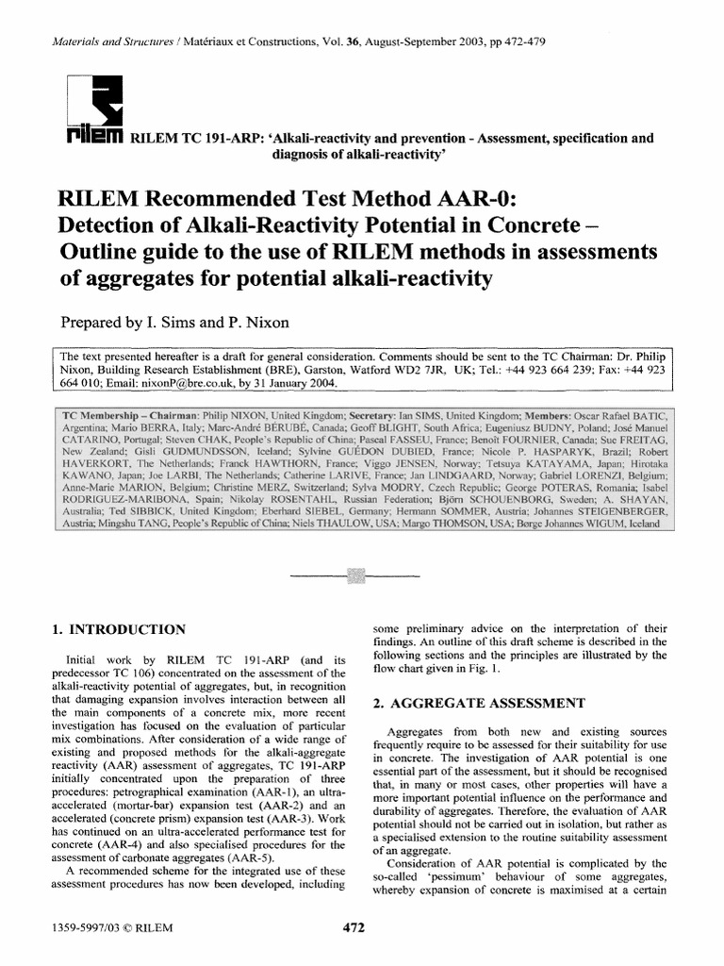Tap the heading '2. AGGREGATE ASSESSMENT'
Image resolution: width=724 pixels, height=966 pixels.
click(480, 703)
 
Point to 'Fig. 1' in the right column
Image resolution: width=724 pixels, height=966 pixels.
click(484, 669)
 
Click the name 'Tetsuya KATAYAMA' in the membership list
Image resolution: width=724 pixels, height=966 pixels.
click(523, 467)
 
